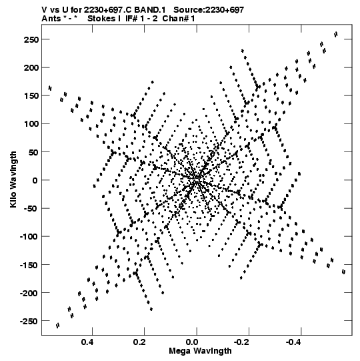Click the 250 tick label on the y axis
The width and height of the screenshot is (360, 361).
click(x=31, y=39)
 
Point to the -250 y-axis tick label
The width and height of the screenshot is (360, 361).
click(x=29, y=321)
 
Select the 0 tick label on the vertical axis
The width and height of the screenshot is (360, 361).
click(x=35, y=180)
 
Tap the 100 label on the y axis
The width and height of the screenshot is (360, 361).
click(x=31, y=124)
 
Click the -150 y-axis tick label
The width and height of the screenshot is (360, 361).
click(x=29, y=265)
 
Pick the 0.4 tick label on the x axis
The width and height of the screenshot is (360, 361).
click(x=87, y=342)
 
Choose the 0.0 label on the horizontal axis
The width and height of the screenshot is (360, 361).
click(x=192, y=342)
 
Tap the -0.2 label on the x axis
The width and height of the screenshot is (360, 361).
click(x=241, y=342)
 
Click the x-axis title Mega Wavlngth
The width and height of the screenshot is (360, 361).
click(x=200, y=351)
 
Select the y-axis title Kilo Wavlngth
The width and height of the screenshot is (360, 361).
click(x=13, y=179)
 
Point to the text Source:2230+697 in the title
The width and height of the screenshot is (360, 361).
click(x=209, y=10)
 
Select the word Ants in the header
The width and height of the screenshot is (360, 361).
click(x=51, y=18)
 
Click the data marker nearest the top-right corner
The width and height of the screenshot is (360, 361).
click(x=336, y=34)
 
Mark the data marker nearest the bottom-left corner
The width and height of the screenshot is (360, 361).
click(x=58, y=326)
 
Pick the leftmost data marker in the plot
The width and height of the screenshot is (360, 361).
click(x=50, y=88)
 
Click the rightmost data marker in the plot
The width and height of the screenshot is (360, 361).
click(x=344, y=272)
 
